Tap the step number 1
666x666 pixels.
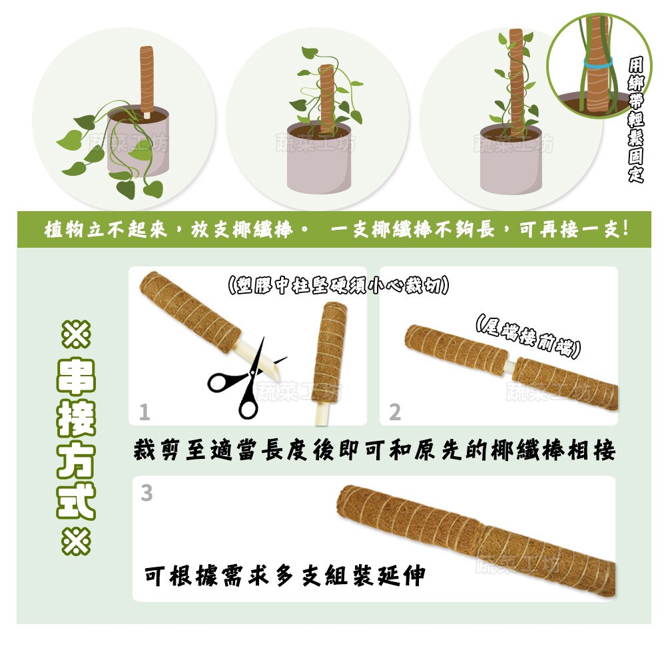(x=145, y=412)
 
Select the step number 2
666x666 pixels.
(x=395, y=412)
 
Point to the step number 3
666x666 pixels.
(x=147, y=493)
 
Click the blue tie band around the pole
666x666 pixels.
(x=598, y=64)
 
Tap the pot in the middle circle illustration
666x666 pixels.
(x=319, y=157)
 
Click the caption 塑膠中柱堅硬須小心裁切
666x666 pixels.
(x=338, y=285)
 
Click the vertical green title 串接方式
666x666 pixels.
(x=77, y=438)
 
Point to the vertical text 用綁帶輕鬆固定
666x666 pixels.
(x=636, y=120)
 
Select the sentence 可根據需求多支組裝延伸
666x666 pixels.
(x=285, y=576)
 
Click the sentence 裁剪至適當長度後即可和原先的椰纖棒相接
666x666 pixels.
(x=374, y=450)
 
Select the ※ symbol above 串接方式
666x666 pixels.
(x=77, y=334)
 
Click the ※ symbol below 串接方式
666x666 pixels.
(x=77, y=541)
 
